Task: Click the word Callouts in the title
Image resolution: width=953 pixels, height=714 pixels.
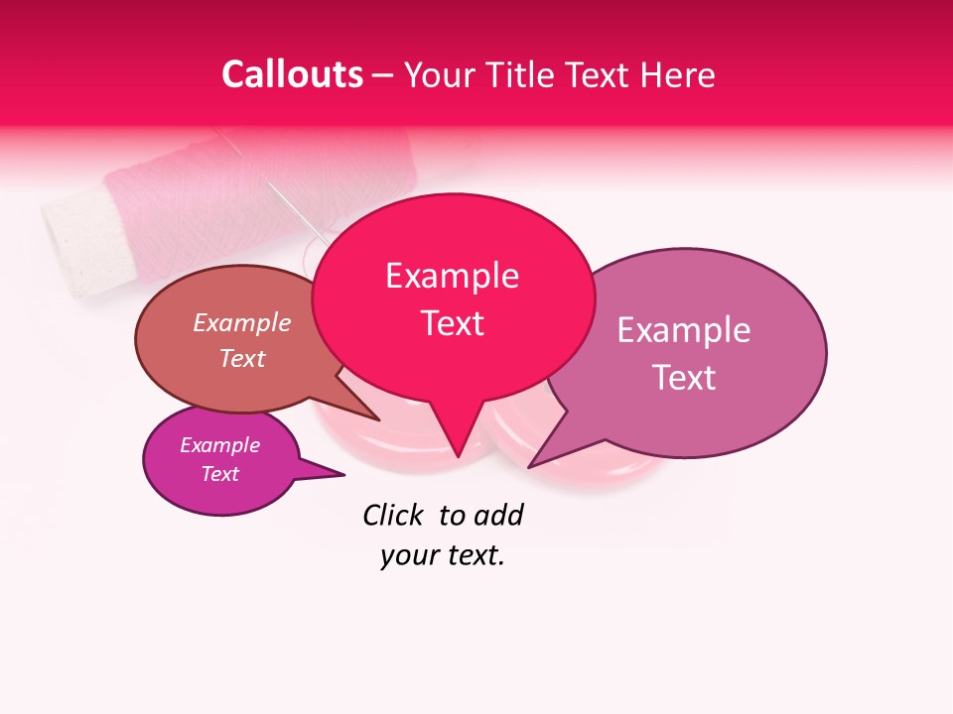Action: [292, 74]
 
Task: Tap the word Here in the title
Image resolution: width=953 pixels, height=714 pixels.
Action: [679, 74]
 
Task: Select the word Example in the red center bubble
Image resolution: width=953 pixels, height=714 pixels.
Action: [452, 276]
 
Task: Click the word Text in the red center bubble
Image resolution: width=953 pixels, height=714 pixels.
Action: [452, 323]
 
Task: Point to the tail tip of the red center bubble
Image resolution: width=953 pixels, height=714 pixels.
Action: [458, 457]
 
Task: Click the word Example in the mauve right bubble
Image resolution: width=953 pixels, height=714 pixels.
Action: [684, 330]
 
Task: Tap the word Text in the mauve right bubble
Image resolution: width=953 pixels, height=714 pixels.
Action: [684, 378]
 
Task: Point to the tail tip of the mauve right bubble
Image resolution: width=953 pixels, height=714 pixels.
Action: [529, 467]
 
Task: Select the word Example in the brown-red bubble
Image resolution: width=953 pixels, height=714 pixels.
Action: [242, 322]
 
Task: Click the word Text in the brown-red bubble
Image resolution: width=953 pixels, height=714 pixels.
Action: [242, 358]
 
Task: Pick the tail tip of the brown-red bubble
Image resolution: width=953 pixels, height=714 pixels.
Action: [379, 420]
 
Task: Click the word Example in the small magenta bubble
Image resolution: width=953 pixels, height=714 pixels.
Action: [220, 445]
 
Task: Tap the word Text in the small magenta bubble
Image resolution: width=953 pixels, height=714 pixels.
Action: [220, 474]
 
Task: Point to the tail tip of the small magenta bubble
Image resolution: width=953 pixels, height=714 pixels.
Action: [343, 475]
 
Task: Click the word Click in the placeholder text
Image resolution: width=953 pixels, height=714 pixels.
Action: [395, 515]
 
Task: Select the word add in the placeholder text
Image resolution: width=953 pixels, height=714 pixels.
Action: [498, 515]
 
